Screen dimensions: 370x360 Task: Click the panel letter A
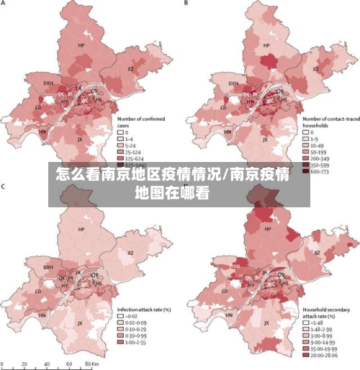[4, 4]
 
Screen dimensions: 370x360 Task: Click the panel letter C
[4, 187]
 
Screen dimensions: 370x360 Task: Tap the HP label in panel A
[81, 45]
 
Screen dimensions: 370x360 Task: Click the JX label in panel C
[80, 323]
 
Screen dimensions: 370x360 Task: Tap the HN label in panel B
[228, 132]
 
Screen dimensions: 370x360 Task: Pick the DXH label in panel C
[48, 267]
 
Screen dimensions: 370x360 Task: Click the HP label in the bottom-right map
[267, 229]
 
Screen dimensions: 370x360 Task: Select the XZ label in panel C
[130, 253]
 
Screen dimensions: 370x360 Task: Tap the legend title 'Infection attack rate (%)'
[144, 309]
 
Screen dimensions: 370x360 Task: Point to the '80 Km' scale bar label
[90, 365]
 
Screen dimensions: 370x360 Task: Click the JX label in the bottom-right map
[266, 323]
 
